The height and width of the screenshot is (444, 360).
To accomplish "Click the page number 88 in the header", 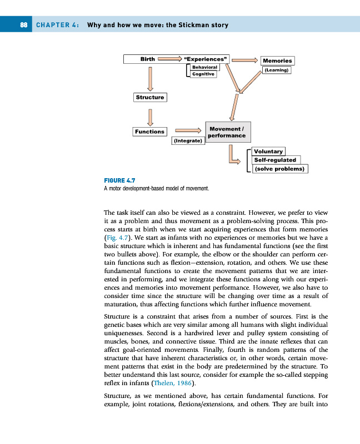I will pos(24,25).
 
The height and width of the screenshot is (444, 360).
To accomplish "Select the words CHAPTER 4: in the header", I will pos(57,25).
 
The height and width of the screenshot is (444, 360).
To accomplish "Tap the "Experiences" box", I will pos(205,58).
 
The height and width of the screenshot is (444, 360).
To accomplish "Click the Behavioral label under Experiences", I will pos(204,67).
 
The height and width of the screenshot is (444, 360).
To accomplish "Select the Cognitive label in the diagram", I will pos(203,74).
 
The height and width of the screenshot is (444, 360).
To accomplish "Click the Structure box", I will pos(150,97).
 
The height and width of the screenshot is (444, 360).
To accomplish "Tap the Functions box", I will pos(150,132).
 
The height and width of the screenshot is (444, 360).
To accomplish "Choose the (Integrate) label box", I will pos(188,141).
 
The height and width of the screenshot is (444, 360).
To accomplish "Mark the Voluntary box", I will pos(268,151).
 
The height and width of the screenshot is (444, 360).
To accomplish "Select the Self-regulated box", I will pos(275,160).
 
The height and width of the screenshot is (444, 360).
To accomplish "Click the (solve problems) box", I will pos(279,169).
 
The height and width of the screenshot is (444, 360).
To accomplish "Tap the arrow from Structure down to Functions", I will pos(149,115).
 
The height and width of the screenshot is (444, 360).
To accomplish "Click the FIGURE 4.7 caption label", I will pos(119,180).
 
